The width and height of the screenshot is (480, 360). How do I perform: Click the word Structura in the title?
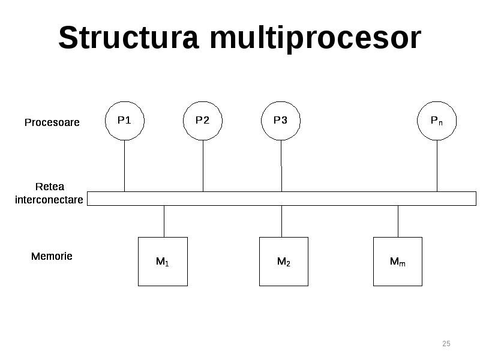(128, 37)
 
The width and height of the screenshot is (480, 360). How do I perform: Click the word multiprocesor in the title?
(316, 39)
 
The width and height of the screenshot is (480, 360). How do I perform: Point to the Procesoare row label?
(52, 122)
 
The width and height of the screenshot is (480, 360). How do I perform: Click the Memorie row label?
(52, 256)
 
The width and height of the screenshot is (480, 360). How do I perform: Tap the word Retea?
(50, 187)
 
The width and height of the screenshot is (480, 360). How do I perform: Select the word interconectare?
(49, 200)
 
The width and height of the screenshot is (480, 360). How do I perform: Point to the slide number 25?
(446, 343)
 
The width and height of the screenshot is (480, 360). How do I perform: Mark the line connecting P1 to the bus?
(125, 166)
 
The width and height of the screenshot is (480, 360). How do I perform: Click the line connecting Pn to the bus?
(437, 166)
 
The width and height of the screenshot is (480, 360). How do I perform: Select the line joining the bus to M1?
(164, 221)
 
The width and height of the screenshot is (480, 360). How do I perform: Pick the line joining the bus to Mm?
(398, 221)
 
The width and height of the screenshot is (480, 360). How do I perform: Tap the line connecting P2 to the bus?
(203, 166)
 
